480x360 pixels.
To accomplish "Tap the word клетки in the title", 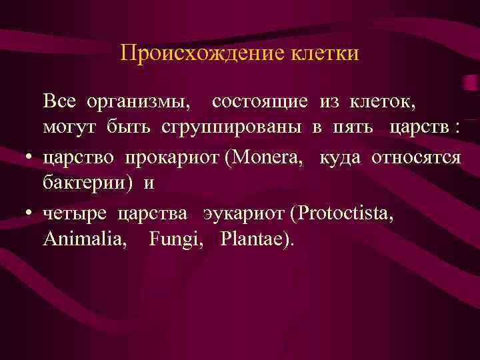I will point(325,53).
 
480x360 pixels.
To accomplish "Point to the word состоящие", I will point(260,102).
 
